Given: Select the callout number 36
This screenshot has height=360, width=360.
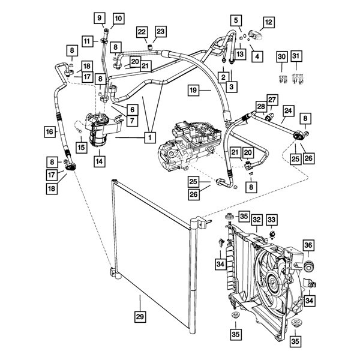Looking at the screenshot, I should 308,245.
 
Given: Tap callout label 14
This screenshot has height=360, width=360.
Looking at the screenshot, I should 98,161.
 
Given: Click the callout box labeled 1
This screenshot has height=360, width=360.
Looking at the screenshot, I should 146,137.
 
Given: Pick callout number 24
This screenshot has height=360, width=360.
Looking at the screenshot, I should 288,111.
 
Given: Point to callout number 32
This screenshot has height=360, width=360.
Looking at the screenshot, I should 256,220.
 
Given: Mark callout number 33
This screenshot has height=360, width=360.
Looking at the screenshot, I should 272,220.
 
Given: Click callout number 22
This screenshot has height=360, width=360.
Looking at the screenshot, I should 142,31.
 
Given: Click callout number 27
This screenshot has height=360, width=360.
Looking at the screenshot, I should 272,100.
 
